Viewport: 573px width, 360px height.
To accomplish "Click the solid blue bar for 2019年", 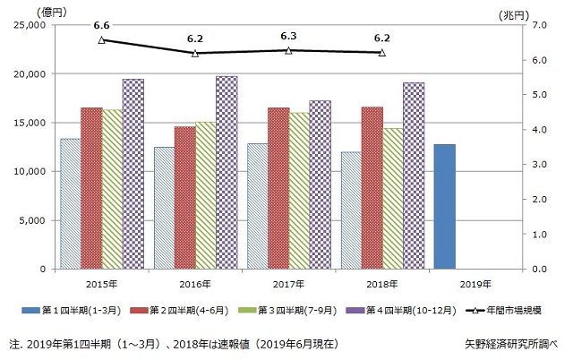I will click(444, 206).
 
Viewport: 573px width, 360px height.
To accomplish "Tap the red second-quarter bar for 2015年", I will click(90, 188).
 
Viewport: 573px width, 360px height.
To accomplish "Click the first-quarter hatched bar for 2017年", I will click(257, 206).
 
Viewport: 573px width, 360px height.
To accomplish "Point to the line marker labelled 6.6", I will click(101, 39).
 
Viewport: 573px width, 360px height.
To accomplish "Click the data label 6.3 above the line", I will click(288, 37).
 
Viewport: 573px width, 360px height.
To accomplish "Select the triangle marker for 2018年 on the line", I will click(382, 53).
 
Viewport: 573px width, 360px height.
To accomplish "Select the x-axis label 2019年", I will click(475, 283).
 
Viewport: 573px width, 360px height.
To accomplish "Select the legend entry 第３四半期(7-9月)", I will click(295, 311).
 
